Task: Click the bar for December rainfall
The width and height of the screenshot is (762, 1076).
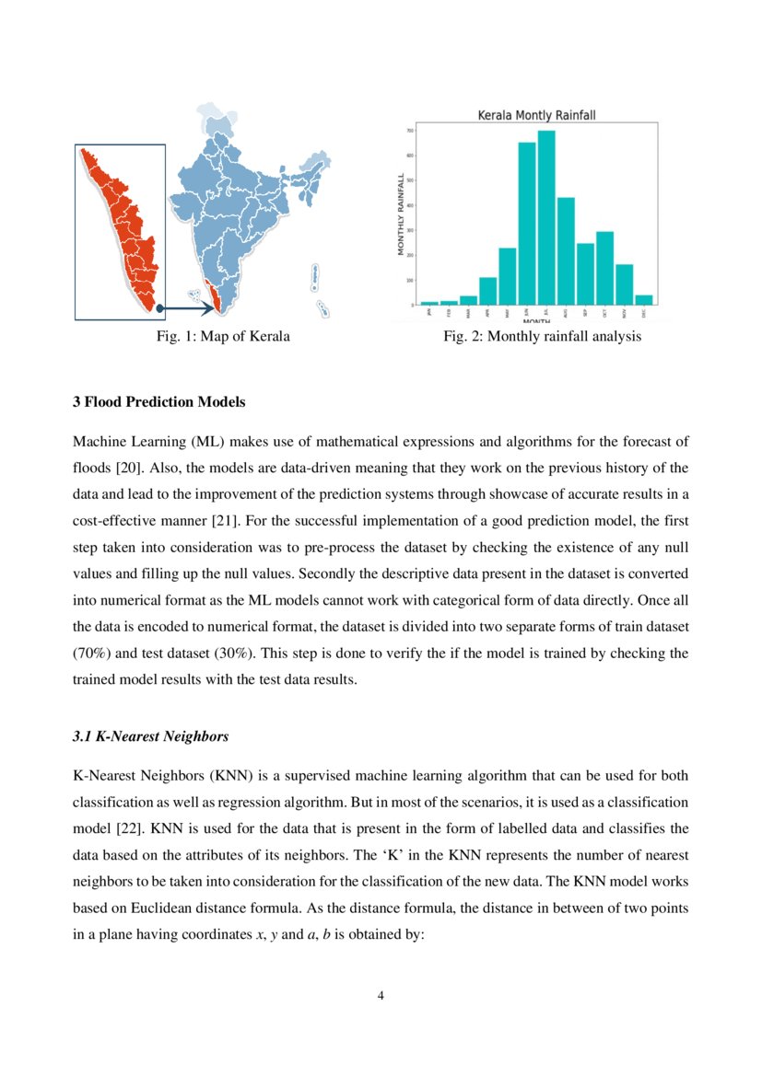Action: point(644,300)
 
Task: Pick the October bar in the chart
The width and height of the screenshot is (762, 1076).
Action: point(604,268)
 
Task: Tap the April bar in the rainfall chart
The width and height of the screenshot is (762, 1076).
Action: point(487,291)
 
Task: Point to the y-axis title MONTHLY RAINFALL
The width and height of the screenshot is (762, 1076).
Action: point(401,214)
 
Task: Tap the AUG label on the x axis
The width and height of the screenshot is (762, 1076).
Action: point(566,313)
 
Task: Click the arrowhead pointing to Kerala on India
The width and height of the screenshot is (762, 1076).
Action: point(209,307)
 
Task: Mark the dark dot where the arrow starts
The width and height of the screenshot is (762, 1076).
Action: point(159,307)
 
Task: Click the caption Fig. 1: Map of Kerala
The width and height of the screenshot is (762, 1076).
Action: point(223,337)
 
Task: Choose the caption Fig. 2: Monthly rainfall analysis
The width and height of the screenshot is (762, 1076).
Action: point(542,337)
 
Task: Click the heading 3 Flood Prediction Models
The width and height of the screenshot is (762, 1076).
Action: point(158,402)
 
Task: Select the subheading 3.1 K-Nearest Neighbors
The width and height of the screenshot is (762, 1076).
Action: point(150,737)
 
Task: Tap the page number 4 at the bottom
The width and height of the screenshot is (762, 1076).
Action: point(381,996)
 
